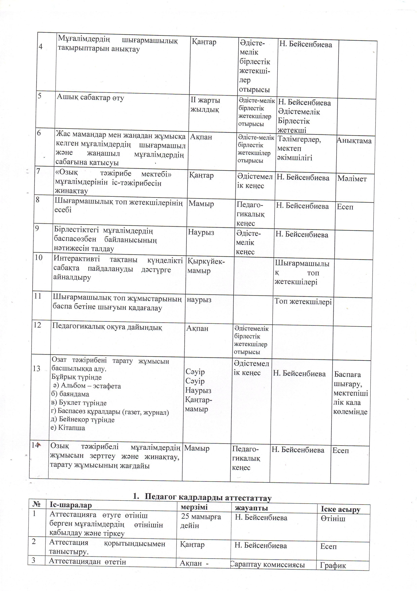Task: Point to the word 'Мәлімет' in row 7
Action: (352, 179)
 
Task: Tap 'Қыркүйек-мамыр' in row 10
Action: (206, 266)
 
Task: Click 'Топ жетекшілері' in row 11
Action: (303, 301)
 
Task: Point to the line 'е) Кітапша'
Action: (68, 428)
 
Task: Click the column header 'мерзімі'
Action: (194, 507)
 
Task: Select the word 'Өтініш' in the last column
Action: (333, 518)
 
